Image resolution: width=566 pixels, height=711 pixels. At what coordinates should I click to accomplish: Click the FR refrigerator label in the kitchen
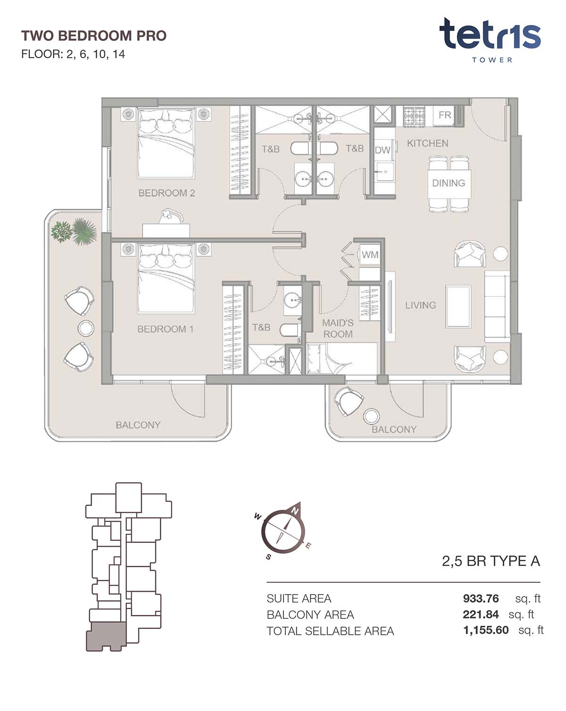pos(445,114)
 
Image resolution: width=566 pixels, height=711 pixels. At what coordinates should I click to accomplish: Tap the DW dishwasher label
pos(383,150)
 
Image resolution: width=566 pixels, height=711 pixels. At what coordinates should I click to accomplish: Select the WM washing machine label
pos(370,254)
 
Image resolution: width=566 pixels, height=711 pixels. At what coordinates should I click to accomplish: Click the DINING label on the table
pos(449,183)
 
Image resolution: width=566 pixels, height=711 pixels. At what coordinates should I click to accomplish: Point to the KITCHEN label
pos(427,143)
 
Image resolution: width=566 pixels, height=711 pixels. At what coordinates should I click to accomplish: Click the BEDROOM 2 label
pos(166,193)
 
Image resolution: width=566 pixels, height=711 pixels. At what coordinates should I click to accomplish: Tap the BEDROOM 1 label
pos(165,329)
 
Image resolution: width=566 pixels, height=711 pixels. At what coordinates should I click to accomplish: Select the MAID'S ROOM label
pos(338,328)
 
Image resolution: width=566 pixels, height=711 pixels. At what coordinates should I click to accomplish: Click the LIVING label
pos(420,305)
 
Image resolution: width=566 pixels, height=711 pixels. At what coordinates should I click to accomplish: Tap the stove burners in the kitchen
pos(414,117)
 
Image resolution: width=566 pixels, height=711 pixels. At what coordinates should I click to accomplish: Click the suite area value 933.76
pos(481,598)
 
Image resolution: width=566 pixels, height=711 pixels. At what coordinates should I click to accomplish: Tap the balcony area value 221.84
pos(480,614)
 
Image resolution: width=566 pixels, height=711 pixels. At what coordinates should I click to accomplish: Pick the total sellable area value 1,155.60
pos(486,630)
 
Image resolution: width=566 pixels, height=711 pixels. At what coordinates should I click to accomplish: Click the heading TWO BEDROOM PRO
pos(94,36)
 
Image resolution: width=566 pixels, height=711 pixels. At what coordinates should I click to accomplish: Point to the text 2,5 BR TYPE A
pos(491,561)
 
